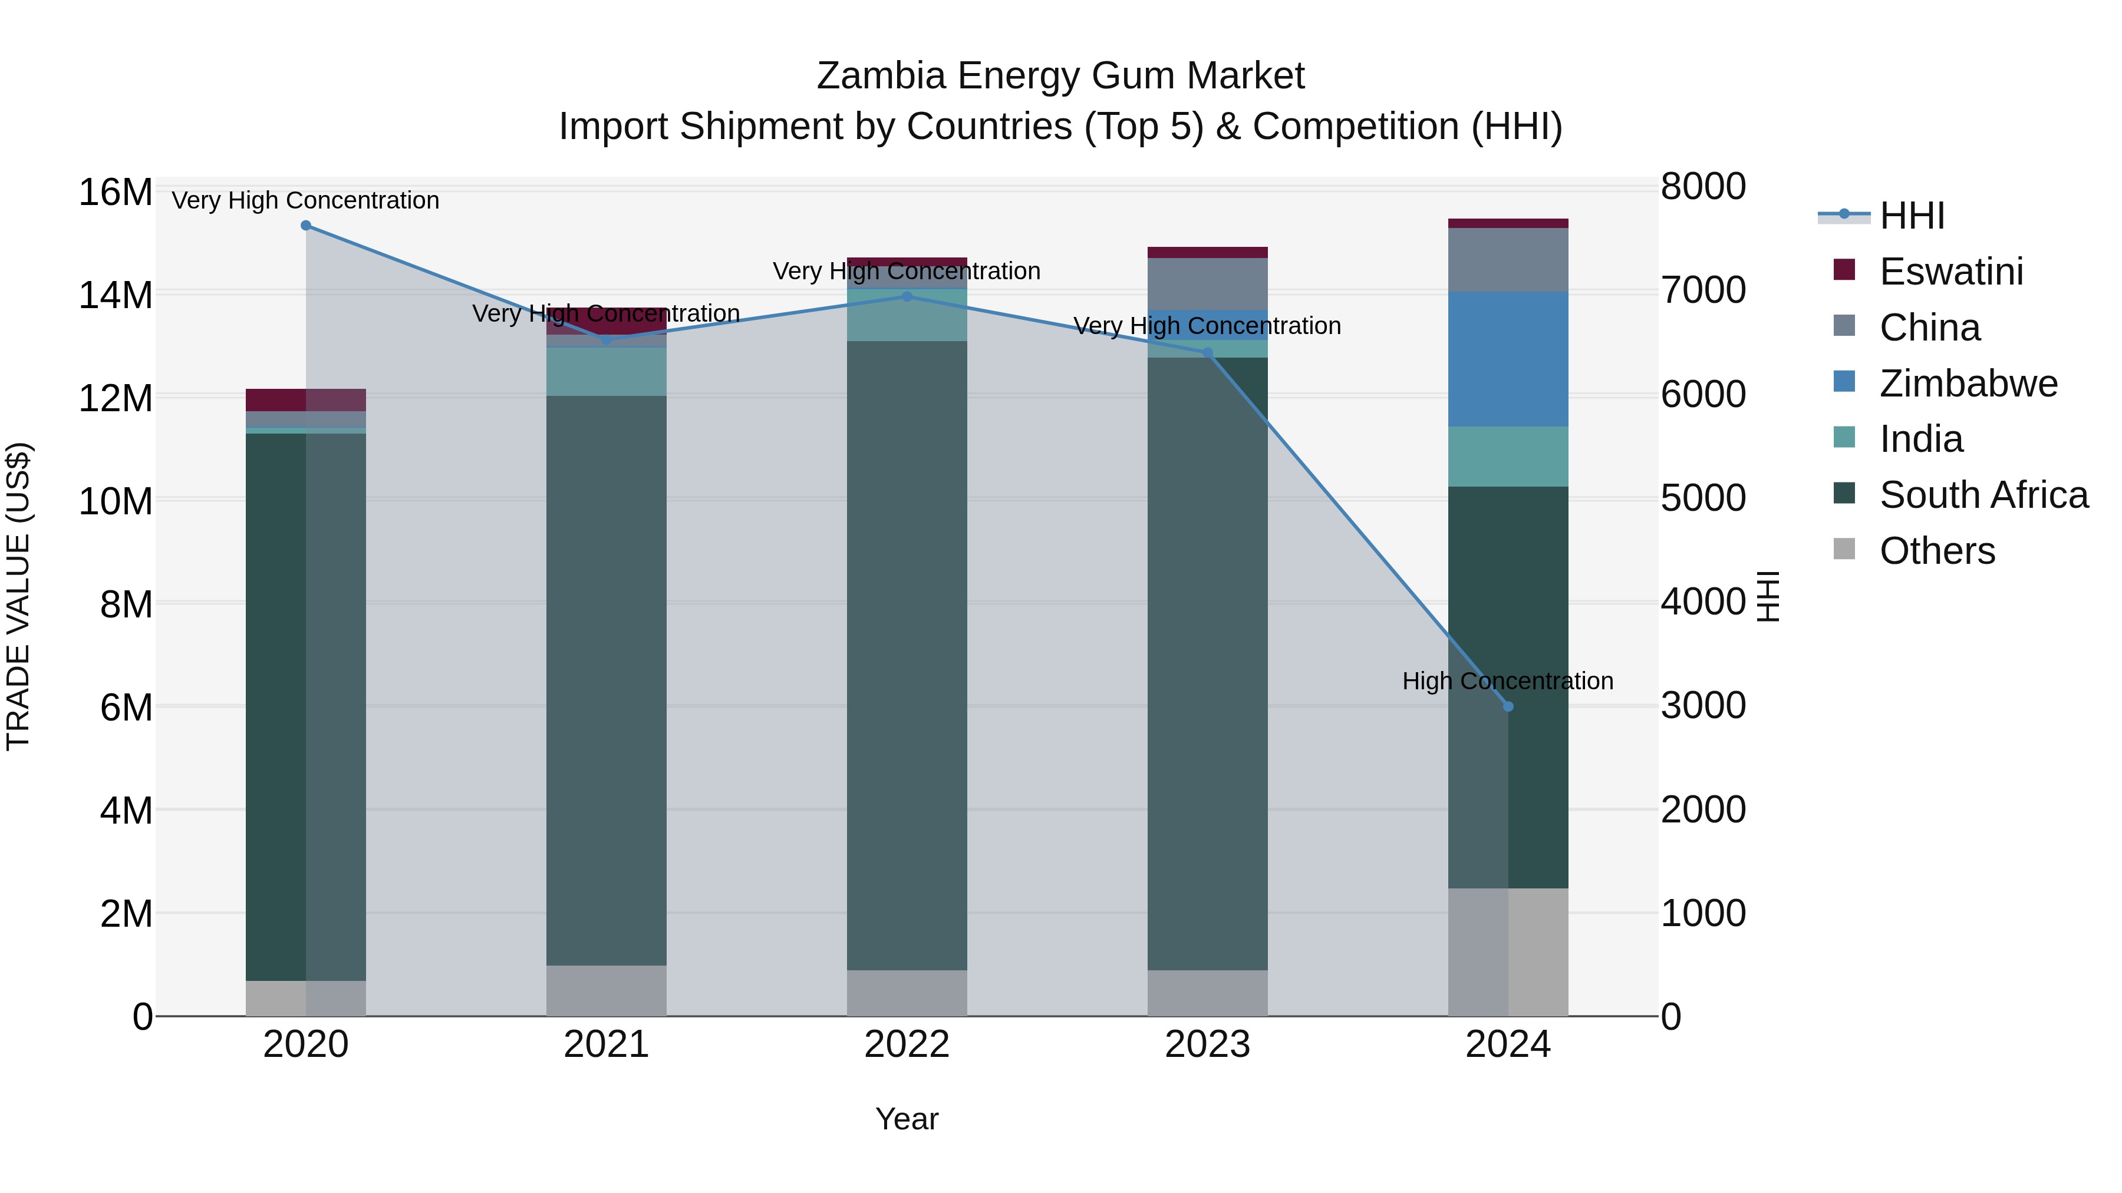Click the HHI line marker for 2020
pyautogui.click(x=305, y=226)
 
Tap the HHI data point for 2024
pyautogui.click(x=1508, y=706)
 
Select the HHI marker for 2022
pyautogui.click(x=907, y=296)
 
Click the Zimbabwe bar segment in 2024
pyautogui.click(x=1508, y=359)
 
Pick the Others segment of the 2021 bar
pyautogui.click(x=607, y=990)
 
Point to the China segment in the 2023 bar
pyautogui.click(x=1208, y=283)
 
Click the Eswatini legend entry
pyautogui.click(x=1950, y=272)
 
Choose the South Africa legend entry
pyautogui.click(x=1983, y=495)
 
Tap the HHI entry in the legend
pyautogui.click(x=1911, y=216)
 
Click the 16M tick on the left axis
pyautogui.click(x=116, y=193)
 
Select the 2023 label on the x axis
pyautogui.click(x=1208, y=1045)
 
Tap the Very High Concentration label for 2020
pyautogui.click(x=305, y=200)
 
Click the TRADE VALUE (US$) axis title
pyautogui.click(x=18, y=596)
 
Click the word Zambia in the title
pyautogui.click(x=881, y=76)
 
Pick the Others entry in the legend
pyautogui.click(x=1937, y=551)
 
